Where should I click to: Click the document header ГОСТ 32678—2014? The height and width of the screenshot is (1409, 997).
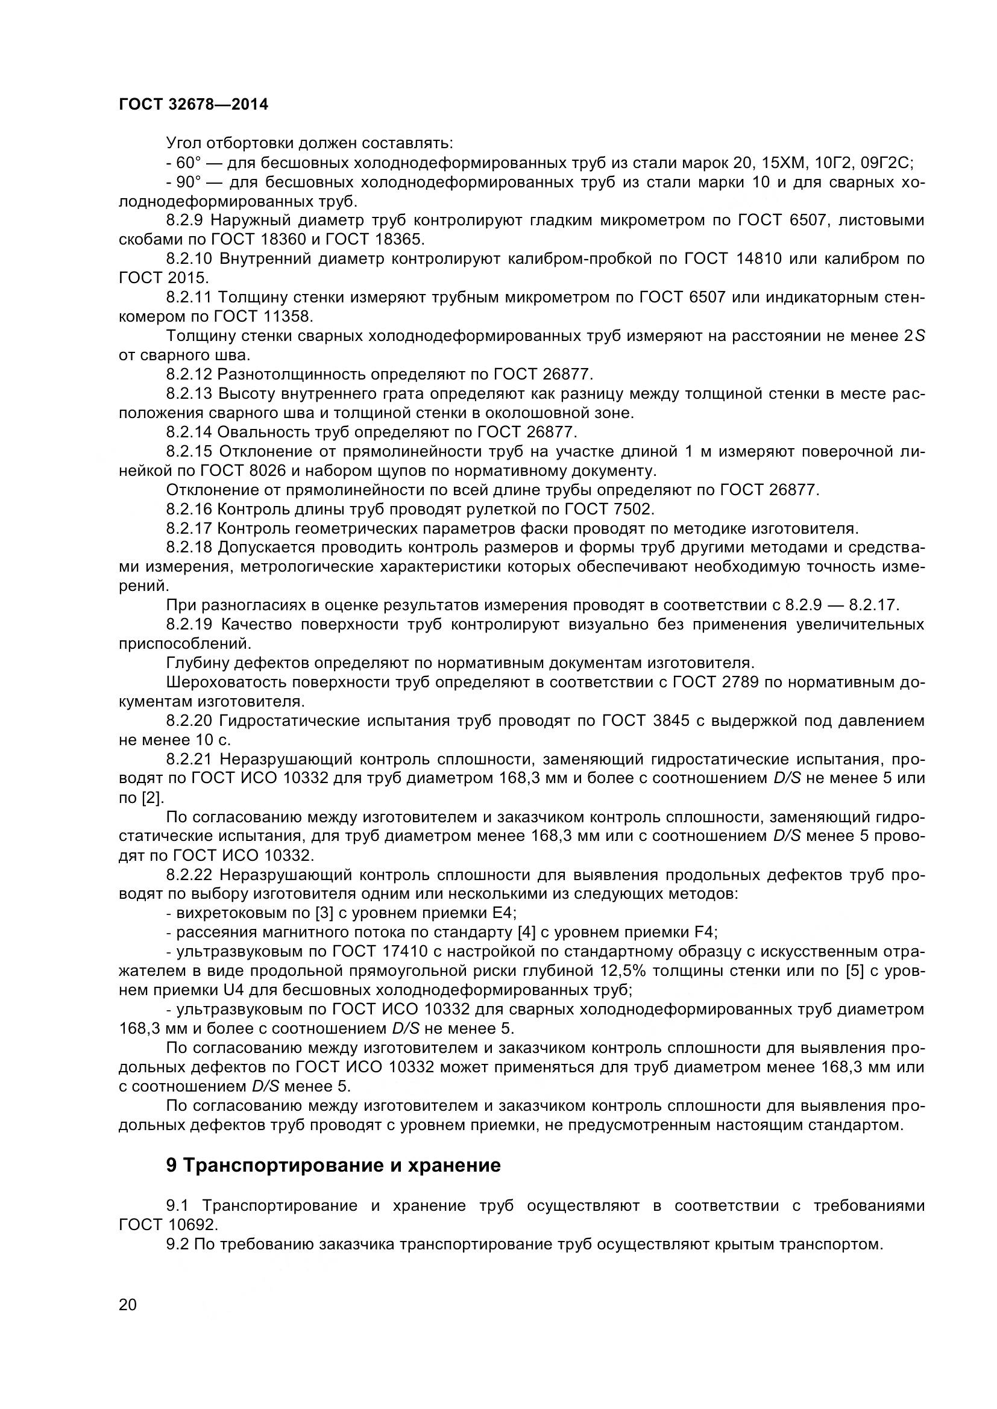193,105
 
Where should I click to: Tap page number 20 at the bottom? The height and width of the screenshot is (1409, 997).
128,1320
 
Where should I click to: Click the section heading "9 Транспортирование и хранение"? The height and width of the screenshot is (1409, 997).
333,1182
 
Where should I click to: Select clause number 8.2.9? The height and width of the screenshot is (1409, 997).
189,220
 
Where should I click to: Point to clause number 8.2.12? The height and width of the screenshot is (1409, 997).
192,373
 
